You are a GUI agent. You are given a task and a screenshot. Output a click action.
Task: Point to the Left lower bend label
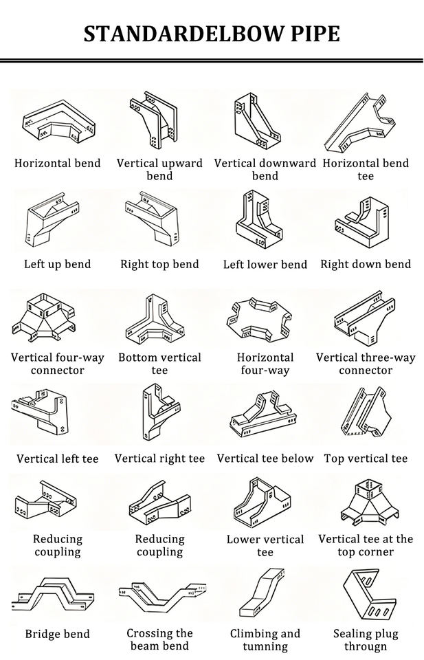pos(265,264)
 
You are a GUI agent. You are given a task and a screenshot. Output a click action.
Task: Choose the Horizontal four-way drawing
pos(259,318)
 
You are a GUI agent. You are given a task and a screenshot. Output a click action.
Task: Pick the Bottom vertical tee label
pos(160,364)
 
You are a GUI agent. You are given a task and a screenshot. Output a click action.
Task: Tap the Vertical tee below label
pos(265,459)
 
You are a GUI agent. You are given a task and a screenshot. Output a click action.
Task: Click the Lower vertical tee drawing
pos(262,502)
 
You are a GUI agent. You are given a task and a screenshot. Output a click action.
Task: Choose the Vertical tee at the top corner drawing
pos(369,503)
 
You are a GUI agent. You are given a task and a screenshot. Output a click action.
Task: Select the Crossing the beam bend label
pos(160,639)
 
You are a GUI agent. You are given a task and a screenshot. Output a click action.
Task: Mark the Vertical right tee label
pos(160,459)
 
